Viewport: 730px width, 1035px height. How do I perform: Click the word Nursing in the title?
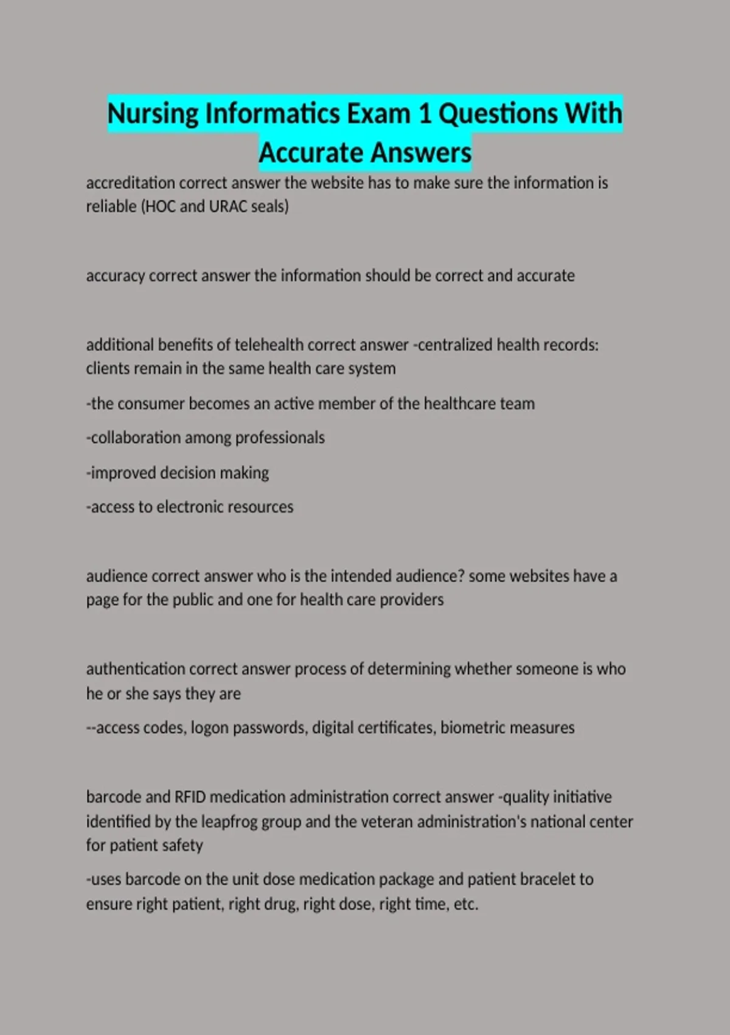[x=153, y=114]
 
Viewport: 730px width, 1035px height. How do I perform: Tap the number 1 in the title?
[x=424, y=114]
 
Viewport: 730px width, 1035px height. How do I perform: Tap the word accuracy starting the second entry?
[x=115, y=276]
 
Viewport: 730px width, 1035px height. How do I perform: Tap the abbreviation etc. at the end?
[x=466, y=904]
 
